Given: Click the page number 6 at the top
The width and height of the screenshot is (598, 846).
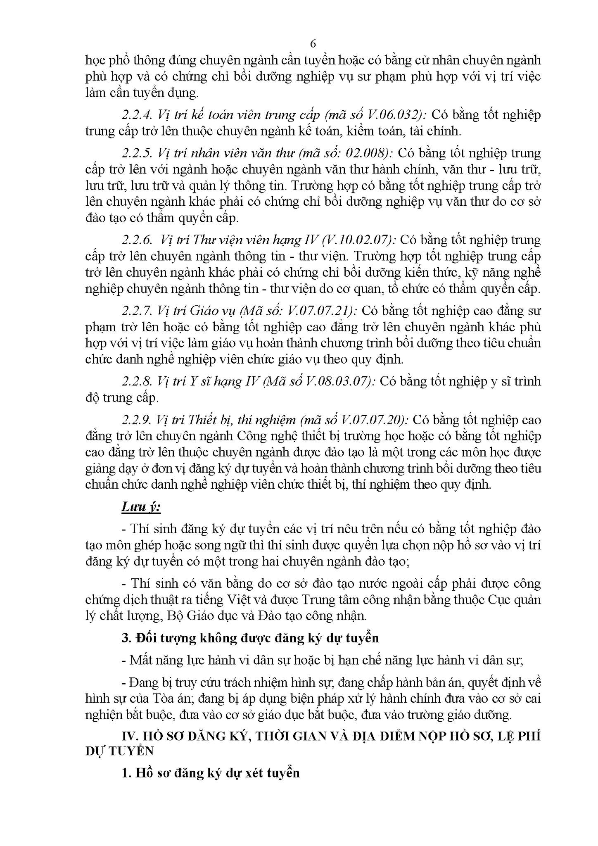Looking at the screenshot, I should pos(313,44).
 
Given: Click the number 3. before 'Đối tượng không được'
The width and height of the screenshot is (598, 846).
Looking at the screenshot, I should pos(126,638).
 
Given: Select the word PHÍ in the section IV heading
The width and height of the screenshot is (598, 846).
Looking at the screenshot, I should pos(528,748).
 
